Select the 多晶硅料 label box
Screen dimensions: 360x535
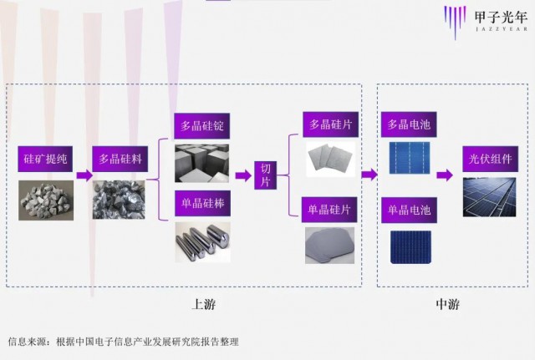(121, 158)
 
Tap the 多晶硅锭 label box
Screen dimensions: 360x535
(201, 128)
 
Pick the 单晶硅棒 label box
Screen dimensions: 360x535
(201, 203)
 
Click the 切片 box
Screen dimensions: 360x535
(267, 175)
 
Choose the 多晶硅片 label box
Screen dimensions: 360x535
(330, 124)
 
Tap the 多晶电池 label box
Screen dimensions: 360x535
(407, 124)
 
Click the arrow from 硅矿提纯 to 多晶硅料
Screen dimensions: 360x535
(84, 175)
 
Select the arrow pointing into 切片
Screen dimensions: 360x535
(242, 175)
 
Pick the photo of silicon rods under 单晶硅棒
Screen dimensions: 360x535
(201, 241)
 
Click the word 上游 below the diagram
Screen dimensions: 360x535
(205, 304)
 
